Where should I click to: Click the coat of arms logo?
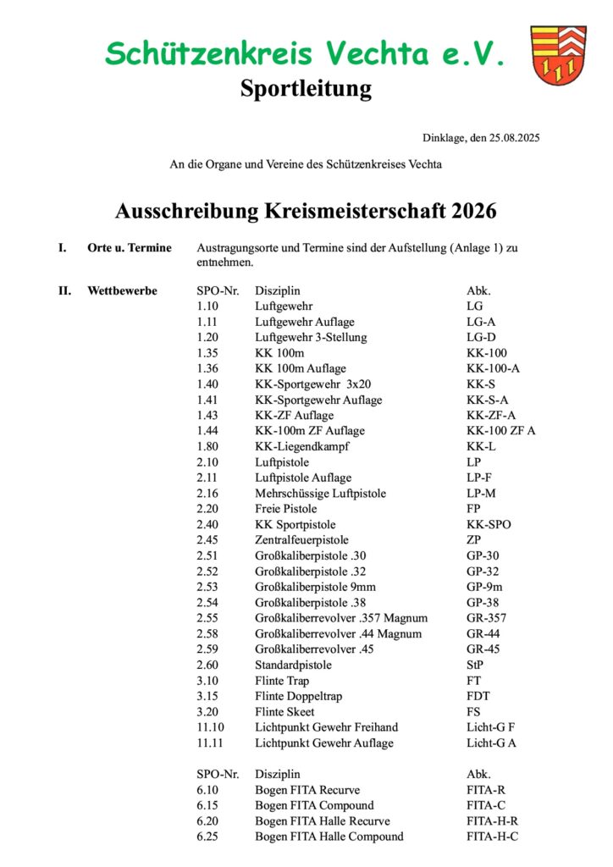point(559,55)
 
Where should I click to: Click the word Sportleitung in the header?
point(306,88)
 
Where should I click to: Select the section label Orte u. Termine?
point(130,248)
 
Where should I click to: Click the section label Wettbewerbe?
point(122,291)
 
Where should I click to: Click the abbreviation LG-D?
point(481,338)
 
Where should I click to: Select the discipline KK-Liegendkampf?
point(302,446)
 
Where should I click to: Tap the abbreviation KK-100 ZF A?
point(500,431)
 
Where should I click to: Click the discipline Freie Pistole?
point(286,509)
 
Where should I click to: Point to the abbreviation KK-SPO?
point(489,524)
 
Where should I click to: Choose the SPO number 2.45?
point(208,539)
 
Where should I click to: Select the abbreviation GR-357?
point(486,618)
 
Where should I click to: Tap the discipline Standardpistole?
point(293,665)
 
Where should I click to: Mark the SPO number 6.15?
point(208,805)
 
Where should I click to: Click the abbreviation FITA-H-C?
point(492,837)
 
